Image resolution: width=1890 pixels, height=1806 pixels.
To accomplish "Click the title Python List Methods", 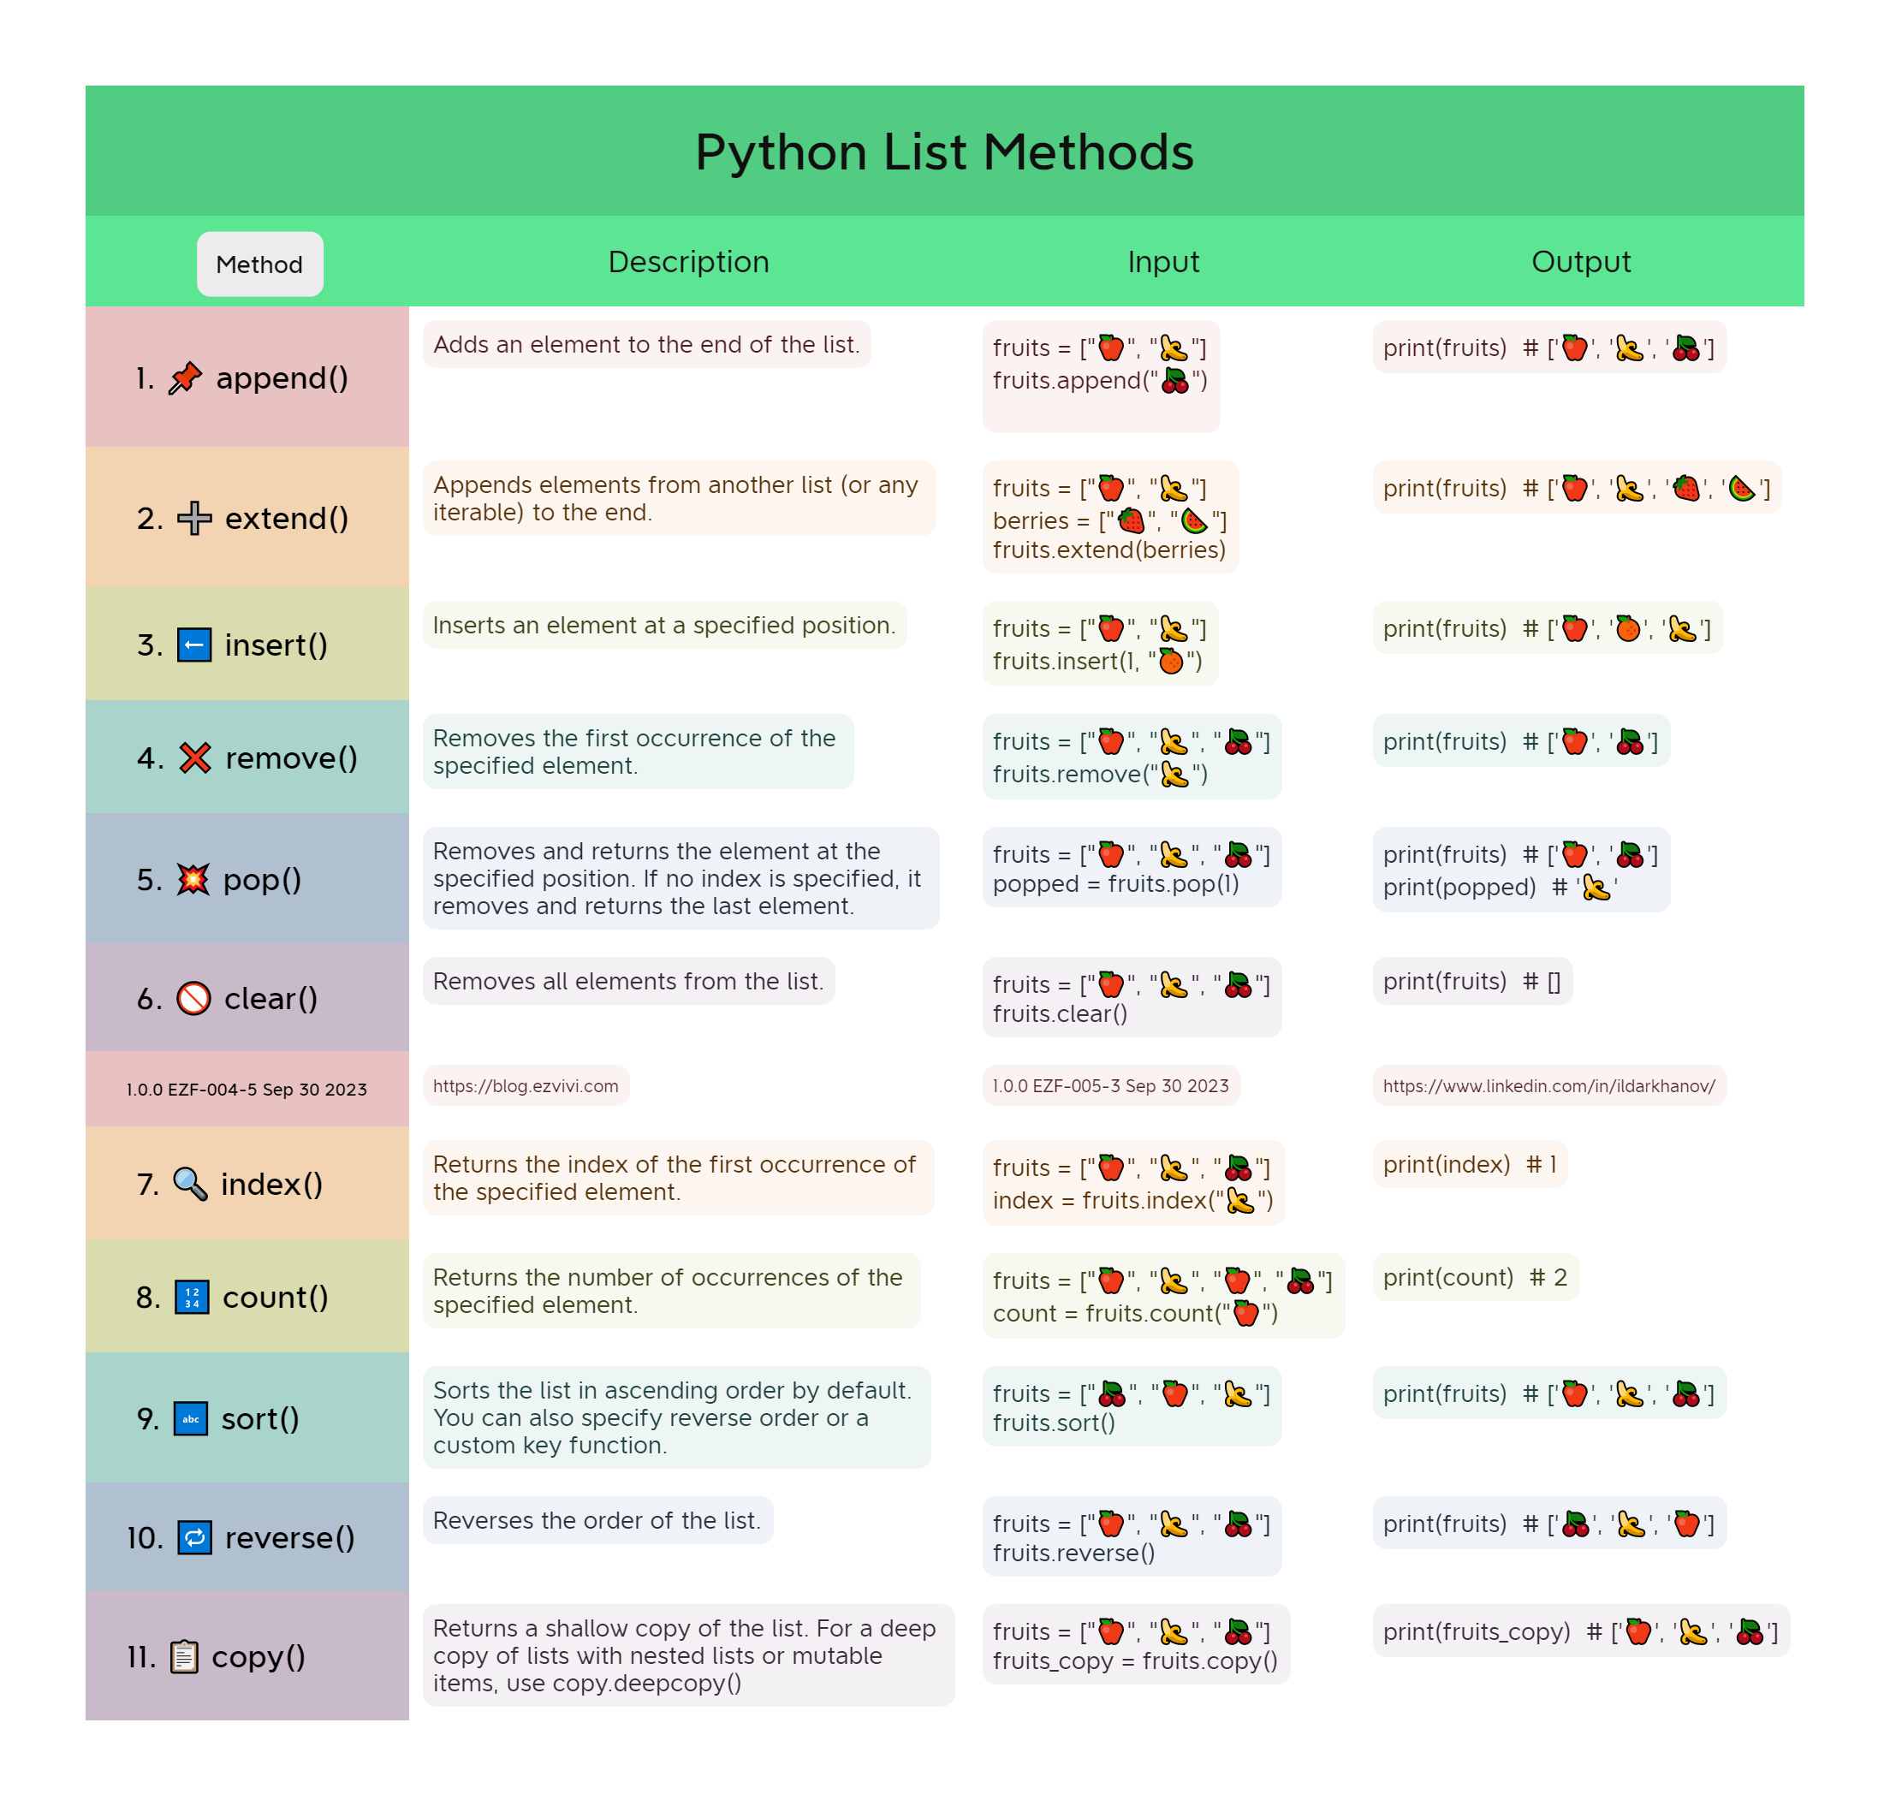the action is coord(943,152).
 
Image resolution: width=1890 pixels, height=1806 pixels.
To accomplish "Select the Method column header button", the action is coord(259,264).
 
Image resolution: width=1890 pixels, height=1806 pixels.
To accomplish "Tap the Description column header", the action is coord(688,262).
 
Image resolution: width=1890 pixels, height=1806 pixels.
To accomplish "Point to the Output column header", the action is coord(1580,262).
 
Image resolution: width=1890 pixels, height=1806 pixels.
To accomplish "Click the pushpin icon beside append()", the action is coord(185,378).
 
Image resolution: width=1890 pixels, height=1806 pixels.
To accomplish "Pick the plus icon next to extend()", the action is coord(194,518).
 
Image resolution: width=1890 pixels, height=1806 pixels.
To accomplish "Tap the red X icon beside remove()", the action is coord(195,757).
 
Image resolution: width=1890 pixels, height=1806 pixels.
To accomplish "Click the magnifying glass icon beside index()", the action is coord(190,1183).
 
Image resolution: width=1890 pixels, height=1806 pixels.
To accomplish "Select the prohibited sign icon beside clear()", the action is coord(193,998).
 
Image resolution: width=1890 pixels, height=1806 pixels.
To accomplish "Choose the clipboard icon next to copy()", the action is coord(184,1656).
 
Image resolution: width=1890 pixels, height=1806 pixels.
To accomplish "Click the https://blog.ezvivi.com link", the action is coord(526,1086).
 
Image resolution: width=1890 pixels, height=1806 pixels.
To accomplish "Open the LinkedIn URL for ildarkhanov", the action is coord(1548,1086).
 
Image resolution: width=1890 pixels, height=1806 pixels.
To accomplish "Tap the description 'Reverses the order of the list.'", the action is coord(597,1520).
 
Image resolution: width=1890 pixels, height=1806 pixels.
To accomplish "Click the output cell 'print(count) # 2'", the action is coord(1475,1278).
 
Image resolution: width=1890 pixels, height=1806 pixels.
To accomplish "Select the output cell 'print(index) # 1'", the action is coord(1469,1164).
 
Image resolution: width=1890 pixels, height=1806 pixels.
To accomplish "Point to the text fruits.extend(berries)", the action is coord(1109,550).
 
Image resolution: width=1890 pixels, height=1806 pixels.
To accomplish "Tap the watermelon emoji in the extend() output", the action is coord(1741,488).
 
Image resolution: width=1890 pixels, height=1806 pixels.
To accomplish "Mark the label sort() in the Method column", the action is coord(260,1418).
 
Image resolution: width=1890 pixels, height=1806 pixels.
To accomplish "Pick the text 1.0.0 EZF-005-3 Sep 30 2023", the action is coord(1110,1086).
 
